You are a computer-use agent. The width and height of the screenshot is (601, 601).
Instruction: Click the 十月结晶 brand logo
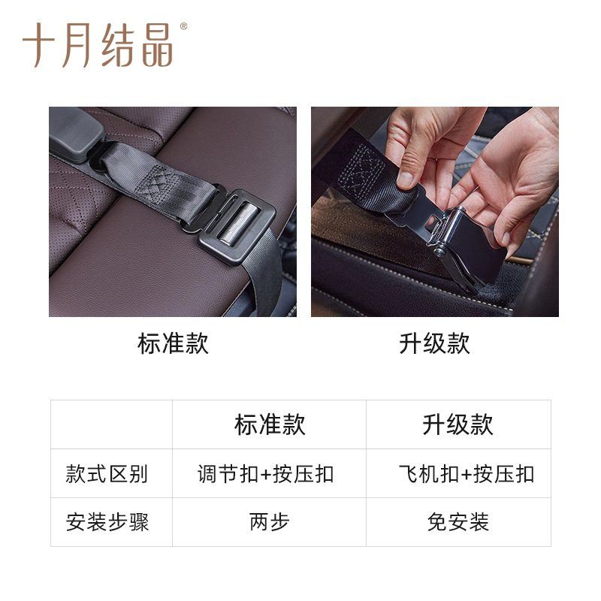pos(98,45)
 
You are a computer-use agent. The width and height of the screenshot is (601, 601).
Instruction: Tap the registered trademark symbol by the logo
pos(183,26)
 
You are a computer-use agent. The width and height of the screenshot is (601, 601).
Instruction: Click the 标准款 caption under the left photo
pos(173,343)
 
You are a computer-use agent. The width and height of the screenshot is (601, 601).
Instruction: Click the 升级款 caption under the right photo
pos(435,343)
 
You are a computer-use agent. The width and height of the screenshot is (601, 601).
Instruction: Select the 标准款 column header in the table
pos(270,424)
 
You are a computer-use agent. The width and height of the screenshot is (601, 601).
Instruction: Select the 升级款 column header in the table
pos(458,424)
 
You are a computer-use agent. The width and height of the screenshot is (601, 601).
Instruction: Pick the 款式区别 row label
pos(107,474)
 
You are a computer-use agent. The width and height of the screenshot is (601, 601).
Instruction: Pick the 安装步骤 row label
pos(107,522)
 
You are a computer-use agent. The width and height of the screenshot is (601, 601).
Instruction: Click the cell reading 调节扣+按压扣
pos(266,474)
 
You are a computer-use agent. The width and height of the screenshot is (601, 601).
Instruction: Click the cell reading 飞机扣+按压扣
pos(467,474)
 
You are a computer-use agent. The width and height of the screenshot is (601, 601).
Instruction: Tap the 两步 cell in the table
pos(270,522)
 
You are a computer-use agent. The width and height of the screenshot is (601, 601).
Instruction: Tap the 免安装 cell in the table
pos(458,522)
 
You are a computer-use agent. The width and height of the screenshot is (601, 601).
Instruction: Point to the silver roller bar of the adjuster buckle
pos(237,224)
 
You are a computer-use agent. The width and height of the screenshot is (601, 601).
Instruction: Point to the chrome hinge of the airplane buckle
pos(445,231)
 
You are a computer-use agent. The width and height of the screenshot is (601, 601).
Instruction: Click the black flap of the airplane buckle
pos(476,249)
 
